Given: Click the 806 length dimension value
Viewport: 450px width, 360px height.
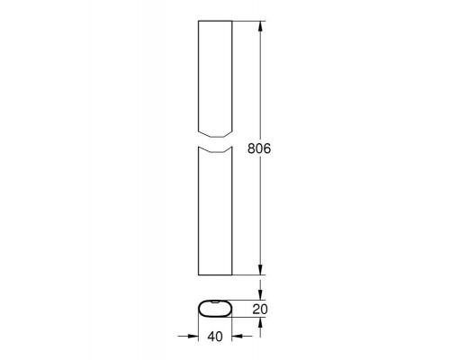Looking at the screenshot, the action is tap(259, 148).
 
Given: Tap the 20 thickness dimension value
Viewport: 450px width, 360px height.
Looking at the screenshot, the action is tap(260, 309).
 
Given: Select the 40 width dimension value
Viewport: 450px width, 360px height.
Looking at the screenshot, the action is tap(215, 337).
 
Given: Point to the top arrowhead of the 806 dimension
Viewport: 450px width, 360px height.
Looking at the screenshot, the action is tap(260, 26).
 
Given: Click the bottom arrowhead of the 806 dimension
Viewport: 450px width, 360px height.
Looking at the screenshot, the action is tap(260, 270).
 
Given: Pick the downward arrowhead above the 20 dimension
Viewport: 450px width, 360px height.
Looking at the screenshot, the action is tap(260, 294).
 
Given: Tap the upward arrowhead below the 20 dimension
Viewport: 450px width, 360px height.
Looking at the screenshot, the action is tap(260, 322).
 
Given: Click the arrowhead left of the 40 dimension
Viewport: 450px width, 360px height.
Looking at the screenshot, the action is tap(193, 337).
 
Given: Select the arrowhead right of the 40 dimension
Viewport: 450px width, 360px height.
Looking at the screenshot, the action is tap(237, 337).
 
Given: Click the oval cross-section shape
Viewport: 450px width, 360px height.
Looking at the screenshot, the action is tap(215, 316).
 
